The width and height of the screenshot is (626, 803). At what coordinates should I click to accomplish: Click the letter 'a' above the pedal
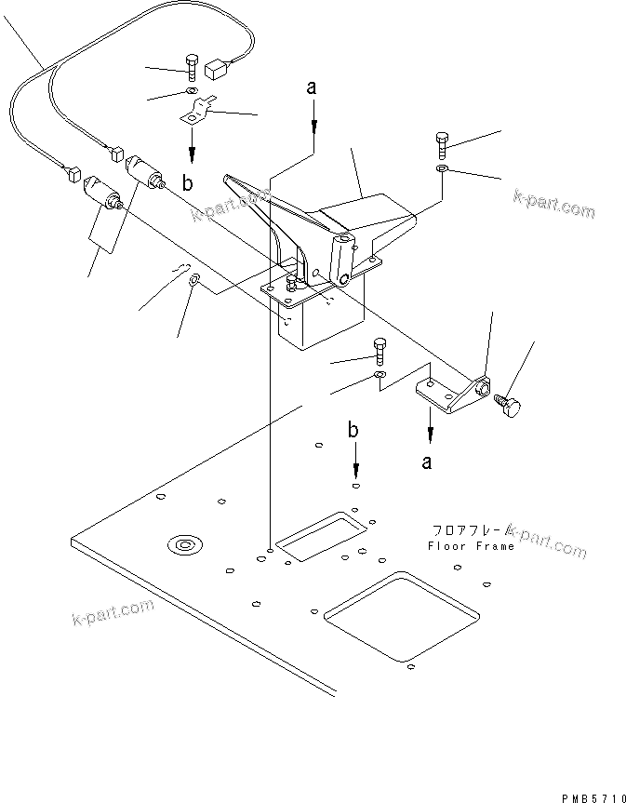coord(313,88)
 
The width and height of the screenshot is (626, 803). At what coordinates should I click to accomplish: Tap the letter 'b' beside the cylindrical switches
coord(188,184)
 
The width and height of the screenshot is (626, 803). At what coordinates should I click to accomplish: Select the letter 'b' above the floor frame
coord(353,430)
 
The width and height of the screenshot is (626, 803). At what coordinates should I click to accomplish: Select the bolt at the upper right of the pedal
coord(441,143)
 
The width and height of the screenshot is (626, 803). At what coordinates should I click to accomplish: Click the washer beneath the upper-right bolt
coord(442,169)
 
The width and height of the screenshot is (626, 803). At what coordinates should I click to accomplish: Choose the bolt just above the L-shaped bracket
coord(379,349)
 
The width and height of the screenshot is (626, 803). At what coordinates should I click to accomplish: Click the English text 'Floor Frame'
coord(471,547)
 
